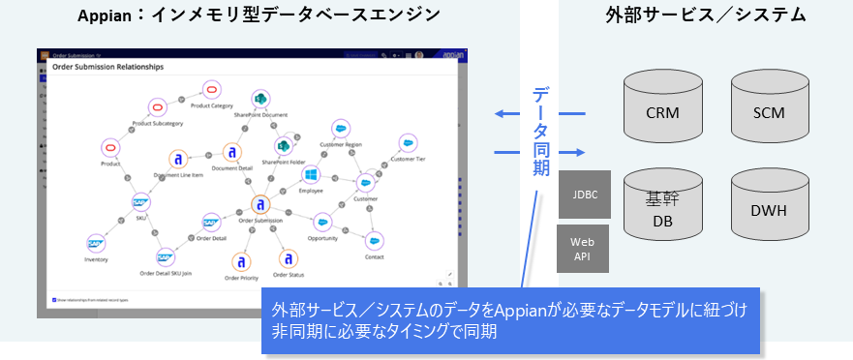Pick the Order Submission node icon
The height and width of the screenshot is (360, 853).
(x=259, y=205)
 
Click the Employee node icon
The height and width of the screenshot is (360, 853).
(x=311, y=175)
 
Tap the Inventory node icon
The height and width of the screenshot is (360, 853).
(x=95, y=244)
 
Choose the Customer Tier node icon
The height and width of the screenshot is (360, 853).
(x=409, y=143)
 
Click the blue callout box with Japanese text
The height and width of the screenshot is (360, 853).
(x=510, y=319)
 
